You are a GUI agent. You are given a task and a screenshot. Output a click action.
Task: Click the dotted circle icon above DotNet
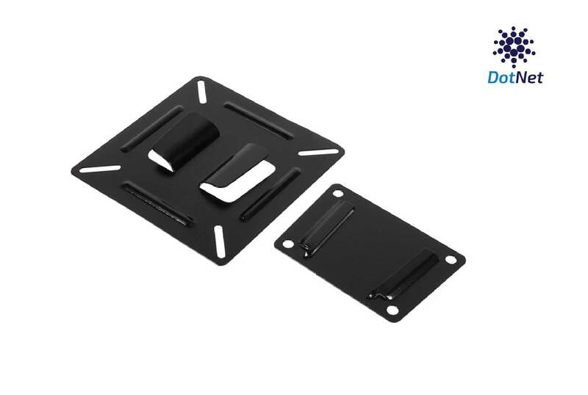point(514,46)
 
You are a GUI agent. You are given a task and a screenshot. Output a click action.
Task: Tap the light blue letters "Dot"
point(501,77)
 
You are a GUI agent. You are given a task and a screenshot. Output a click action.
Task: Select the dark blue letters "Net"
point(529,77)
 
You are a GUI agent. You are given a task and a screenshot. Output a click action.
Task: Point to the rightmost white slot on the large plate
point(318,153)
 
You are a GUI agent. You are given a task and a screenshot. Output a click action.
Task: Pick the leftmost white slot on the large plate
point(99,168)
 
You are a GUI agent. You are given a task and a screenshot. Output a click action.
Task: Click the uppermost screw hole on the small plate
point(337,193)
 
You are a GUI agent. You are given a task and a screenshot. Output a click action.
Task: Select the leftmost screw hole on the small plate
point(288,243)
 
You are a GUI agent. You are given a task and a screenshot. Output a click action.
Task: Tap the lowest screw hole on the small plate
point(392,311)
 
